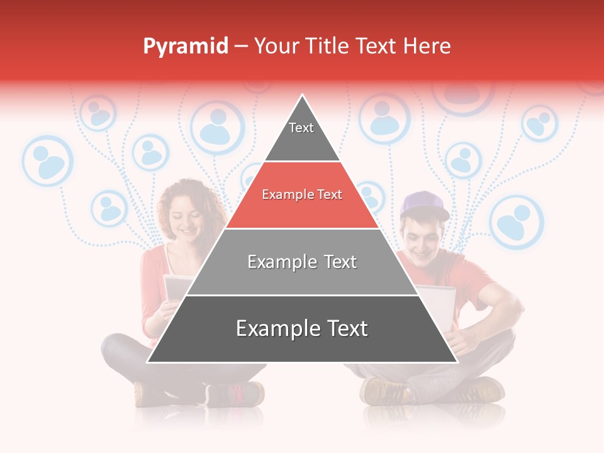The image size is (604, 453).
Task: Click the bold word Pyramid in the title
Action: coord(186,47)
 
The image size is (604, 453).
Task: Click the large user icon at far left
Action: coord(48,161)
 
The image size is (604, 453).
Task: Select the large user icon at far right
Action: coord(516,222)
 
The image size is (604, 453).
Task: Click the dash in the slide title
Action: coord(241,47)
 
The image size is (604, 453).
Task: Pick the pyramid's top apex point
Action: coord(303,96)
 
